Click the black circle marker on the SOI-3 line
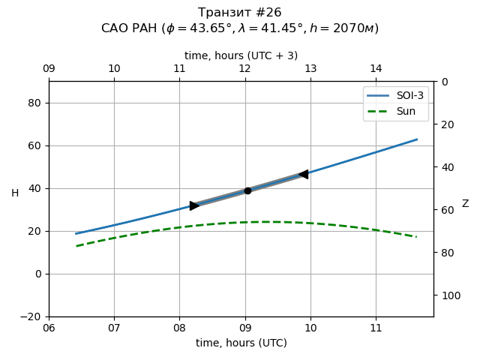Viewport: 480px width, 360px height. (247, 190)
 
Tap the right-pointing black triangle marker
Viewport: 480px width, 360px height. (194, 205)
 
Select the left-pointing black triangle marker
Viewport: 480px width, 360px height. (303, 175)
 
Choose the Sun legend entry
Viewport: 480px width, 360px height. (395, 111)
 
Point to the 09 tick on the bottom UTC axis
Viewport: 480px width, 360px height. (245, 328)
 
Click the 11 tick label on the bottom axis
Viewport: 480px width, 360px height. (376, 328)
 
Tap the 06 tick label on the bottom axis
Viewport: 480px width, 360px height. (49, 328)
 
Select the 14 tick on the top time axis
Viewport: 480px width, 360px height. (376, 69)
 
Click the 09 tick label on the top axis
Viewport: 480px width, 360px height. (49, 69)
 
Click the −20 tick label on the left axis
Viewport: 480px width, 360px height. (31, 316)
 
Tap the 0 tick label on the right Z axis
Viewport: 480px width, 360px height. (443, 82)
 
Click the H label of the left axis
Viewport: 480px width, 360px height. (15, 193)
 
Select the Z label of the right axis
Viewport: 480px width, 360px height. (465, 204)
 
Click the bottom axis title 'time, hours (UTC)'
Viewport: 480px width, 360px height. (241, 343)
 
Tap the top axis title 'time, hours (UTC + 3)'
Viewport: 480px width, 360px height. (241, 55)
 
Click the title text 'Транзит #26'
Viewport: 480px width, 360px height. (240, 13)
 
